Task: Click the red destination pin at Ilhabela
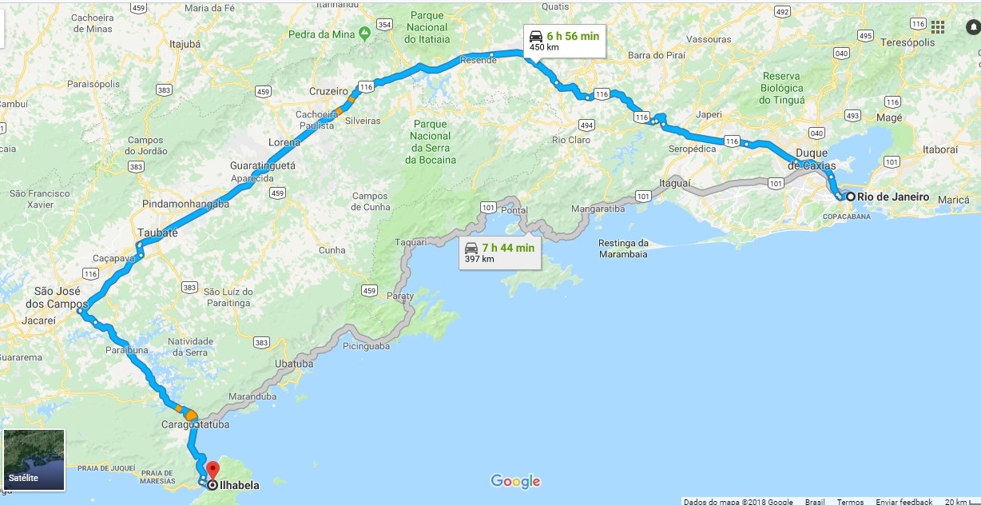[212, 469]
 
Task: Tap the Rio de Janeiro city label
[893, 197]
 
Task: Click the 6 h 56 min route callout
[564, 40]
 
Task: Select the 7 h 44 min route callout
[500, 252]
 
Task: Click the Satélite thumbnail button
[34, 459]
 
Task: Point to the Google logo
[515, 481]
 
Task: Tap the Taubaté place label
[157, 233]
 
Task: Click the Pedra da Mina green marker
[364, 34]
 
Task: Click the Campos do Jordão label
[145, 145]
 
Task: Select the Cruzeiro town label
[328, 91]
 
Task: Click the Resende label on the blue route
[479, 61]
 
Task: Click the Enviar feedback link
[904, 502]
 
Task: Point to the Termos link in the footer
[850, 502]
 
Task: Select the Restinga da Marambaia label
[623, 249]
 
